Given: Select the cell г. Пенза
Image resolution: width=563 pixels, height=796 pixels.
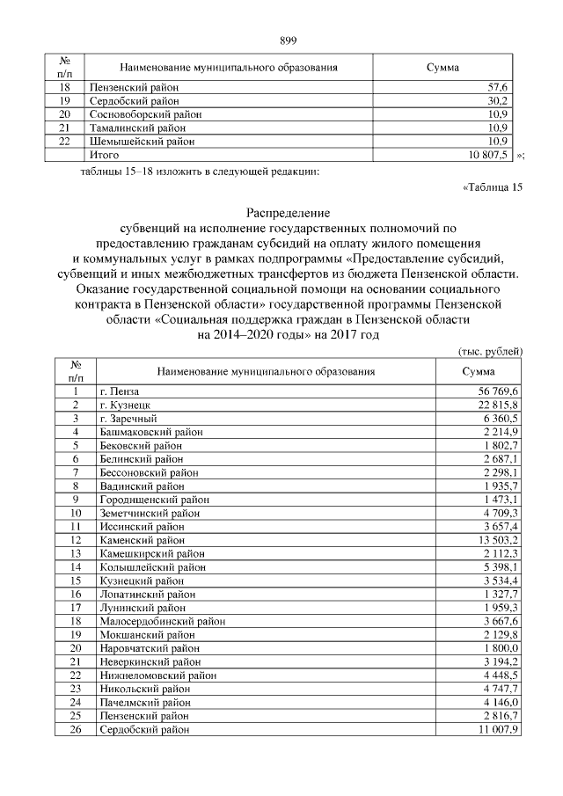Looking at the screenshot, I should [120, 391].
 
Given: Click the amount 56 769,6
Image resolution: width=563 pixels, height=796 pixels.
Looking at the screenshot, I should [499, 391].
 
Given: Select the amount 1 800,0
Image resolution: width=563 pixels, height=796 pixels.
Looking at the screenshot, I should [501, 647].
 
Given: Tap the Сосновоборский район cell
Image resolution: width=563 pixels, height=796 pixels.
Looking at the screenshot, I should [145, 114].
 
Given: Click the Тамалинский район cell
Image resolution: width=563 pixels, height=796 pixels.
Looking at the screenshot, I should [138, 128].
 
